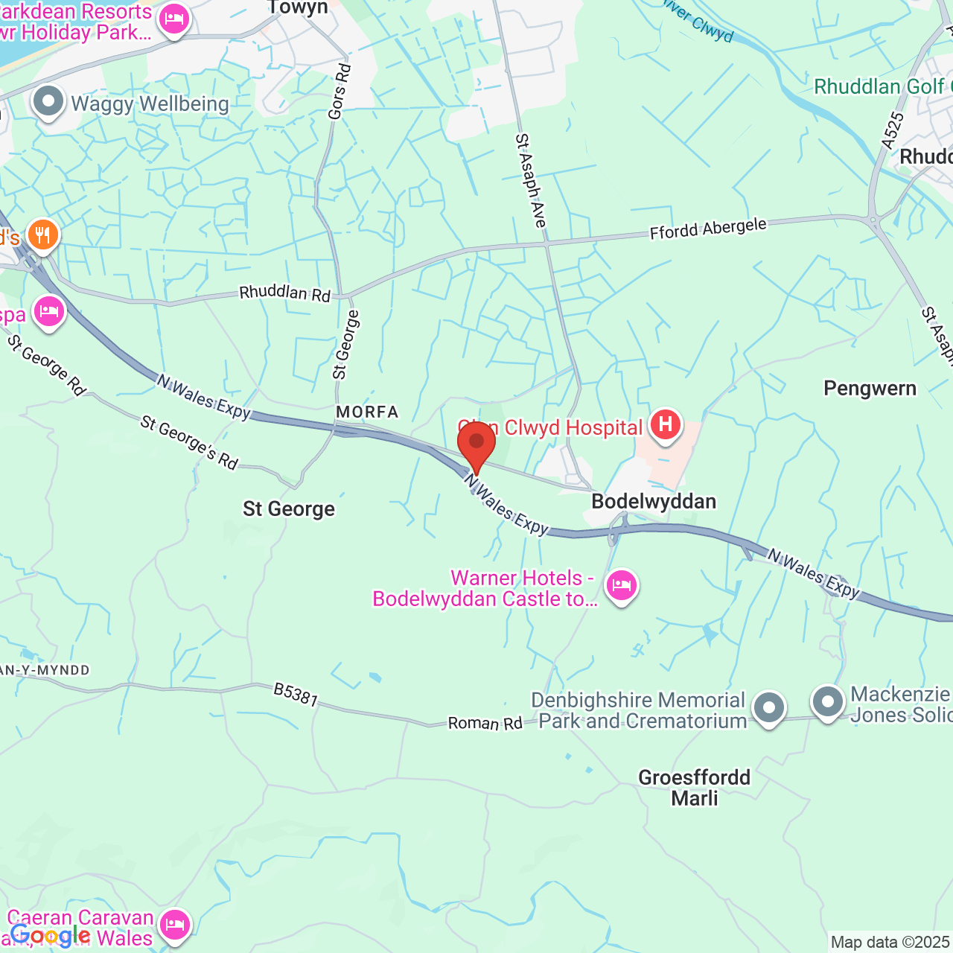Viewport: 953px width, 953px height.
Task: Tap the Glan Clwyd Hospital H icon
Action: (x=666, y=425)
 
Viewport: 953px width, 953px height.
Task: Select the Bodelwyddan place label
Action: (x=654, y=501)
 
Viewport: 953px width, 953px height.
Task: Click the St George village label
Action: (x=289, y=509)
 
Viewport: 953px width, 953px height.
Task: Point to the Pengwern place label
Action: (x=870, y=389)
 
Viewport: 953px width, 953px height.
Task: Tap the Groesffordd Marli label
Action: (x=695, y=788)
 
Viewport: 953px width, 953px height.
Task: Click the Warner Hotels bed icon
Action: (x=621, y=586)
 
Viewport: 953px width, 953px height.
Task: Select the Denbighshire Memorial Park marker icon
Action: (x=768, y=707)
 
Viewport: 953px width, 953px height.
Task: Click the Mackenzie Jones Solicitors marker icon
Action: (x=827, y=701)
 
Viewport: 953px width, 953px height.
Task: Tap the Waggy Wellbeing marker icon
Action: (x=49, y=102)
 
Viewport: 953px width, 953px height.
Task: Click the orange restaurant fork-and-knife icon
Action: (x=43, y=235)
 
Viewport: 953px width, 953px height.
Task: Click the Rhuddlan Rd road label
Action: (x=284, y=293)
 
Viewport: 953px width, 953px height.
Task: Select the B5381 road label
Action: (x=296, y=694)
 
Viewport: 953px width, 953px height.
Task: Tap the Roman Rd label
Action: (x=485, y=723)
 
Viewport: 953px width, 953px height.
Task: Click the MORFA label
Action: (x=367, y=412)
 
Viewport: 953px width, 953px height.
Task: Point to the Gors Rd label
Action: (x=340, y=92)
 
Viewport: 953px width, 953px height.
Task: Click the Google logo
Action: (x=51, y=936)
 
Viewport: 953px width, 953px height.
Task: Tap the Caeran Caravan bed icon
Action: (x=174, y=925)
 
